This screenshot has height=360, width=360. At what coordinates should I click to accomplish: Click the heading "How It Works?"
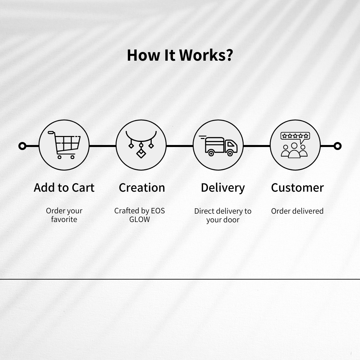tap(180, 55)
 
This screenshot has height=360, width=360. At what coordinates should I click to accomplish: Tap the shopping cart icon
tap(64, 145)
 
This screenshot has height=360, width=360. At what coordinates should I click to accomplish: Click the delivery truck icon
tap(218, 146)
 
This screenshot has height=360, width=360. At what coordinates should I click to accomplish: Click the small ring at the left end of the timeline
tap(22, 146)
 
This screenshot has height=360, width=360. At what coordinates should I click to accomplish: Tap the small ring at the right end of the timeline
tap(337, 146)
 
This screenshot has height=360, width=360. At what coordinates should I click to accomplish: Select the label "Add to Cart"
tap(64, 188)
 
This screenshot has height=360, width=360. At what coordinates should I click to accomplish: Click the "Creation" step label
tap(142, 188)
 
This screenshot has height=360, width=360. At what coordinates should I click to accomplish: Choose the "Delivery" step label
tap(223, 188)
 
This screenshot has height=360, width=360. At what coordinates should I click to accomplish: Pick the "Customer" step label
tap(297, 188)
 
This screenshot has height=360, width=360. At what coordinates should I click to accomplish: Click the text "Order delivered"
tap(297, 211)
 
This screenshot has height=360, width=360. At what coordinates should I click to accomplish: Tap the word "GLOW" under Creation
tap(140, 219)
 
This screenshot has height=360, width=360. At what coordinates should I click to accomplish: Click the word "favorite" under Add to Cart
tap(64, 219)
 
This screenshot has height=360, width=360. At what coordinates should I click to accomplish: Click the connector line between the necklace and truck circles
tap(180, 146)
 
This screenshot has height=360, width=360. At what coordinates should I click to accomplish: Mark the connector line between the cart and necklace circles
tap(103, 146)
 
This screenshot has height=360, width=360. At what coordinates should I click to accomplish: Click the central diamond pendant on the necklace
tap(141, 153)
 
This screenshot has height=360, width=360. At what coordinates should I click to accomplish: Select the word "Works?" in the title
tap(206, 55)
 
